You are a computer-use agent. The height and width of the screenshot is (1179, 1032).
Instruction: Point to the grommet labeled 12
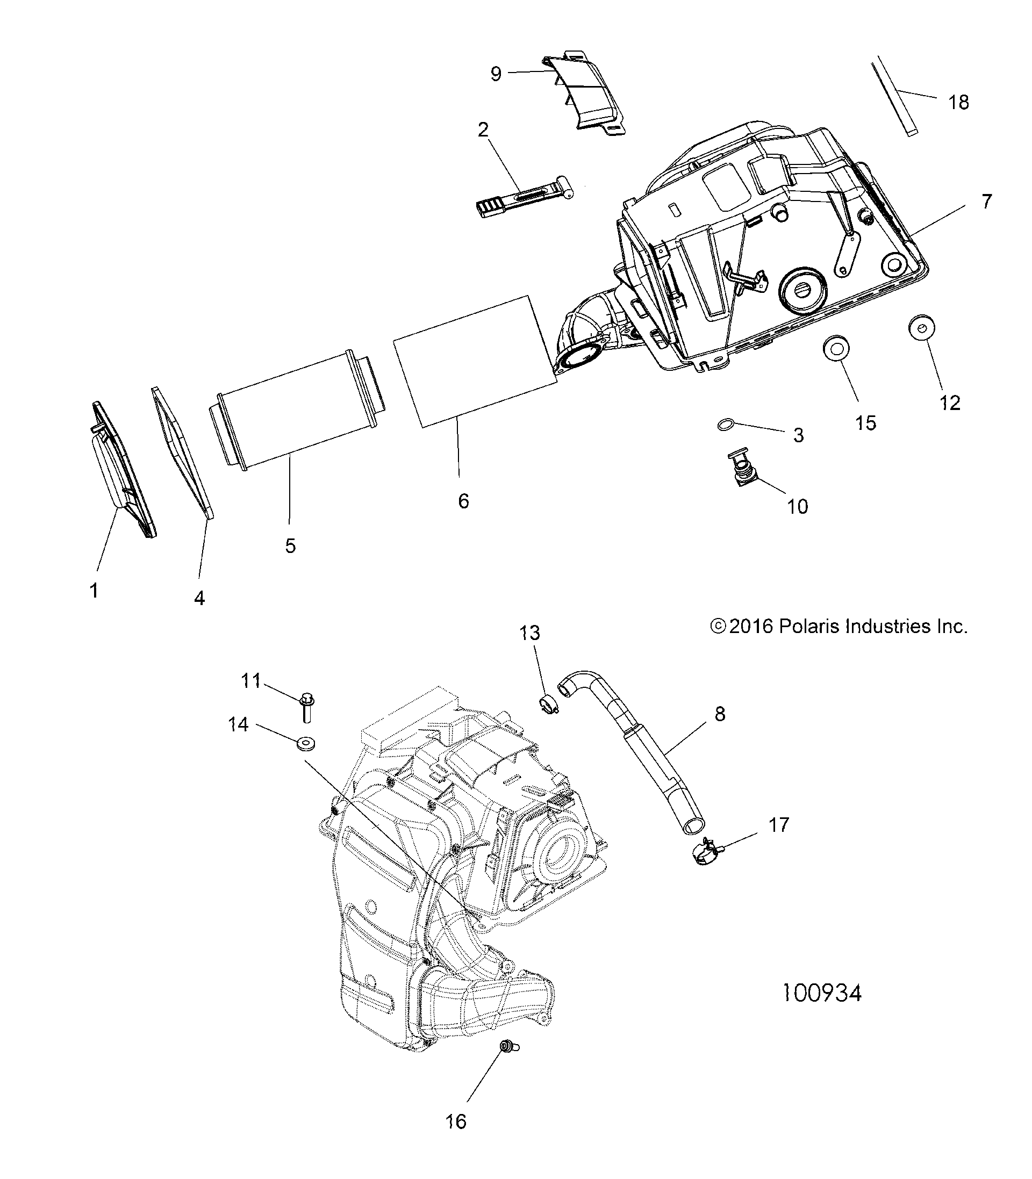[921, 328]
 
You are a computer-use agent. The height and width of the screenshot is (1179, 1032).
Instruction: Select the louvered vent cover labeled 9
[585, 95]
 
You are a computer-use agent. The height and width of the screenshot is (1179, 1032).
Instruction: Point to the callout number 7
[986, 202]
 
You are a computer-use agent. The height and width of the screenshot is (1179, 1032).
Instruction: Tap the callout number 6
[463, 501]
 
